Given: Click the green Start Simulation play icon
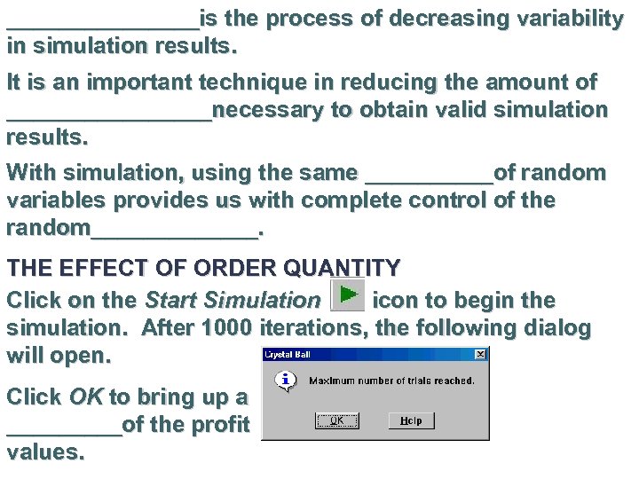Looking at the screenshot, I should point(347,294).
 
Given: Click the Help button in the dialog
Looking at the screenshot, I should point(410,420).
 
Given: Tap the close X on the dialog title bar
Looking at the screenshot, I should point(480,355).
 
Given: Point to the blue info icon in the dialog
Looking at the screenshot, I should point(285,381).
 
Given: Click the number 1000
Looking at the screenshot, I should point(228,328).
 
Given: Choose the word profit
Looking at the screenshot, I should point(220,425).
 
